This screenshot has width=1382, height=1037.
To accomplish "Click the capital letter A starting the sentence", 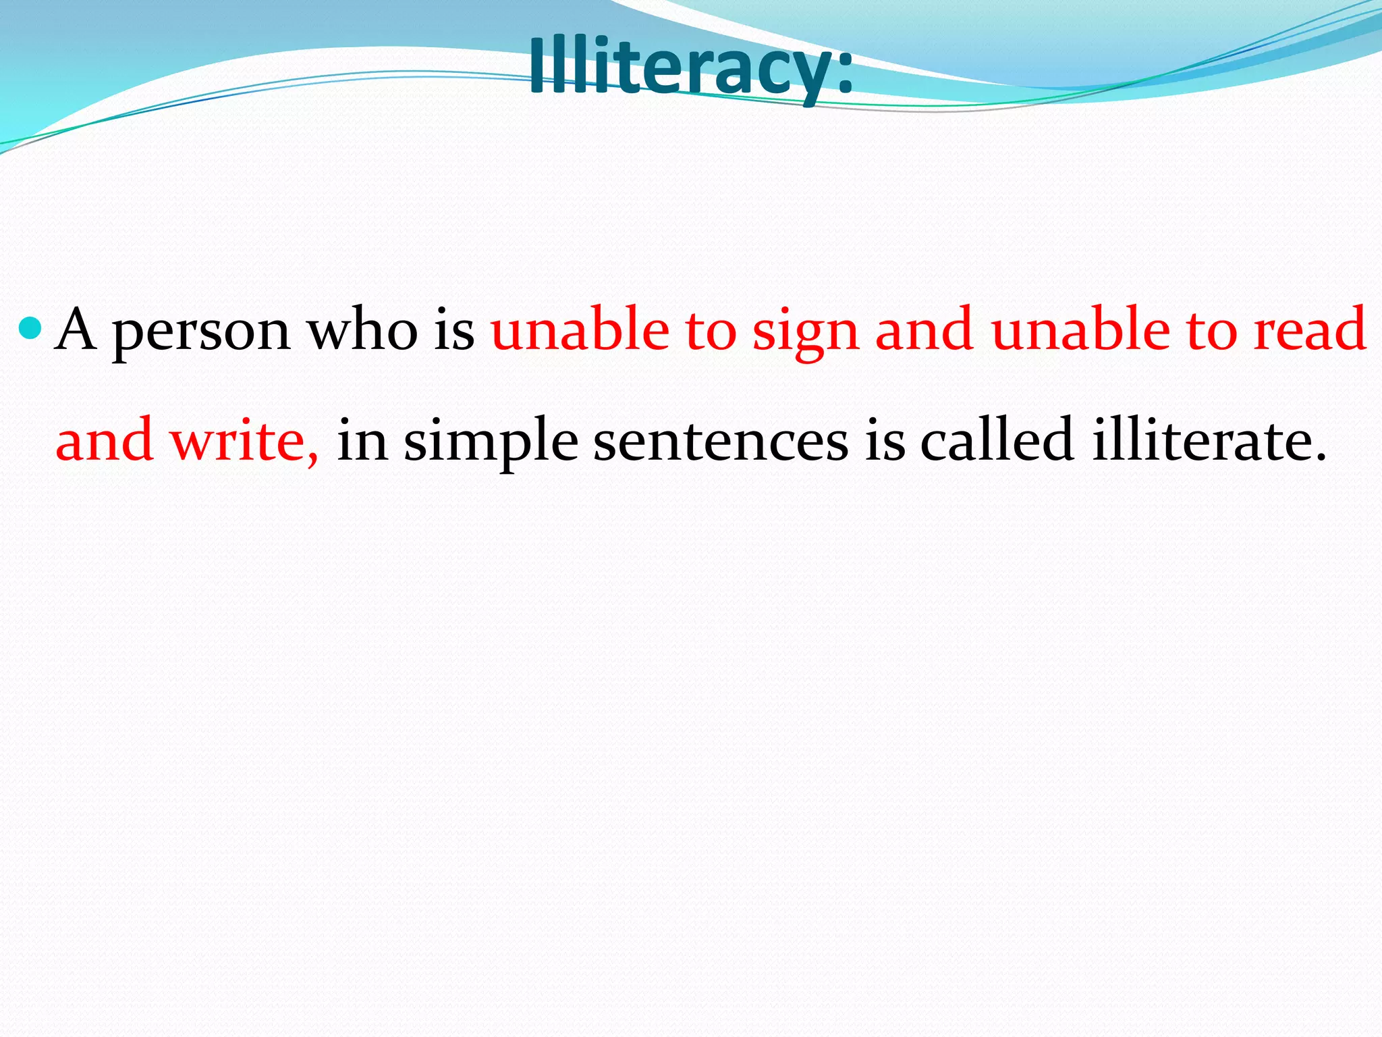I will (x=75, y=329).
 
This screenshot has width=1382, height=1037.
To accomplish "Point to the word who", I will (x=362, y=329).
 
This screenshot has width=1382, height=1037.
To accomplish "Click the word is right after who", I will (x=454, y=329).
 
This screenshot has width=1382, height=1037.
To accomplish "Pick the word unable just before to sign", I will (x=580, y=329).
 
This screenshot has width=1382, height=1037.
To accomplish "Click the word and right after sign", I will (x=924, y=329).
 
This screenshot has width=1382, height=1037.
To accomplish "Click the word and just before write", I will (x=105, y=440).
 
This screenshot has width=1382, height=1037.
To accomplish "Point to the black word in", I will (x=362, y=440).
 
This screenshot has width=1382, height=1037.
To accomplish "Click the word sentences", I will (x=721, y=440).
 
